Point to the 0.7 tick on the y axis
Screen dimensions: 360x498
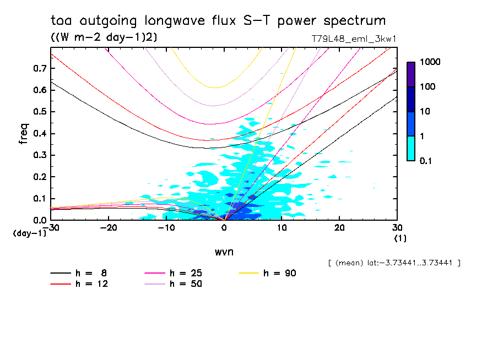pos(39,68)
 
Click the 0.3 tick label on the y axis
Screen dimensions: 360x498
pos(39,155)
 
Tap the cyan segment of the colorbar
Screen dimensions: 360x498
pos(411,148)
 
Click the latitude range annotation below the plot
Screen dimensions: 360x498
pos(393,263)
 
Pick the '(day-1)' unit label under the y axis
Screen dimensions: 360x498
pos(30,233)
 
